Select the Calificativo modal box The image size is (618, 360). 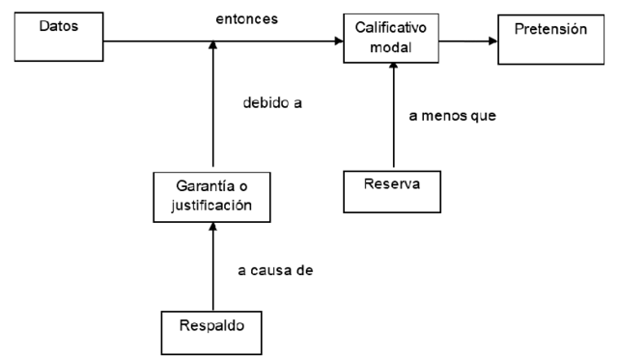click(x=390, y=39)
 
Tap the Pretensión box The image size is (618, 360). click(x=551, y=39)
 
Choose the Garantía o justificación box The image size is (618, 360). click(x=210, y=197)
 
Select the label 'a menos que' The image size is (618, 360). click(x=451, y=118)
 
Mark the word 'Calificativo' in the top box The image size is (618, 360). click(x=390, y=30)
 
